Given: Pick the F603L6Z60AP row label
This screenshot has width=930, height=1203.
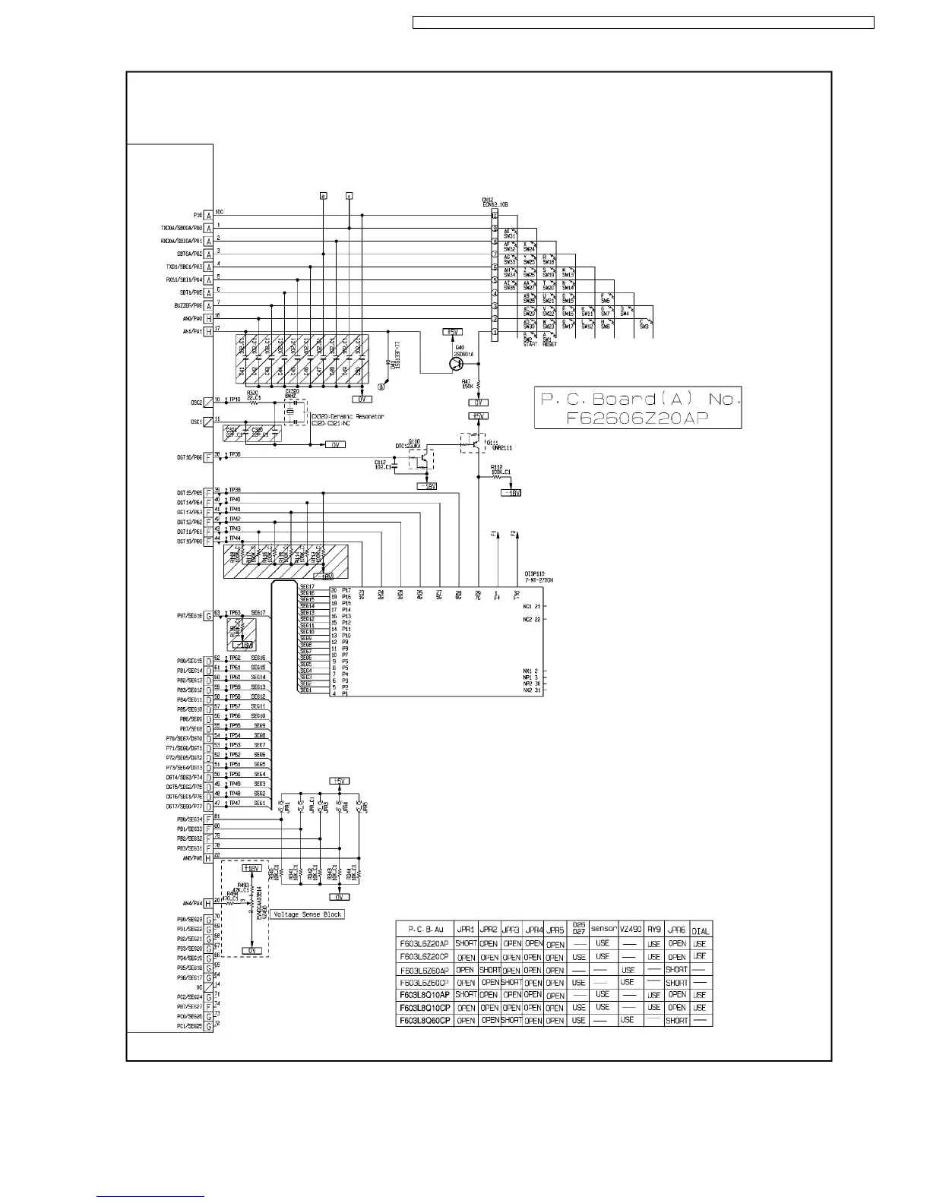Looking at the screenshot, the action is click(425, 970).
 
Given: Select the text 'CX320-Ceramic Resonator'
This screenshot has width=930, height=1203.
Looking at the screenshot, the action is click(347, 416).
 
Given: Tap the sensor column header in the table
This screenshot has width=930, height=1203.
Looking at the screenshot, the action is click(603, 929).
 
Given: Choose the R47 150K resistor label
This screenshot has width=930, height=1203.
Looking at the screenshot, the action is click(467, 384).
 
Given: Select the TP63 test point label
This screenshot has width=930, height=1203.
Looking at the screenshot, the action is click(235, 612).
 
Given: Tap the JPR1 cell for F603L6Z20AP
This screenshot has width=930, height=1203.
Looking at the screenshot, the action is click(466, 944).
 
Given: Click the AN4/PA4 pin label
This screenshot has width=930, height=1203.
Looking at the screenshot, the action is click(191, 904).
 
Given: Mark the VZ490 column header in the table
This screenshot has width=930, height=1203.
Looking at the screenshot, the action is click(628, 930).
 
